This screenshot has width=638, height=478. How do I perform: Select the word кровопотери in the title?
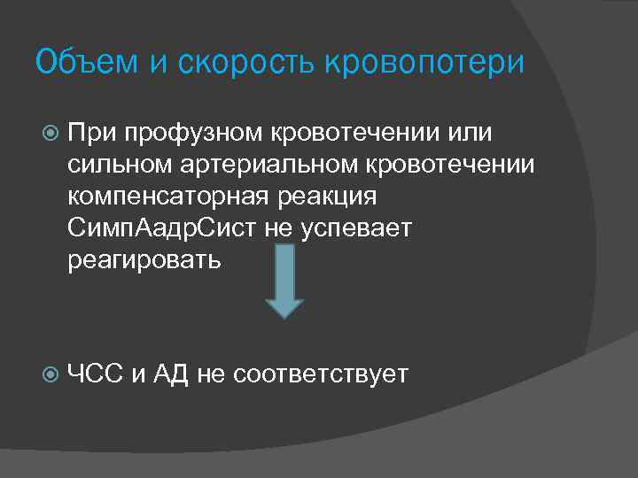click(x=424, y=63)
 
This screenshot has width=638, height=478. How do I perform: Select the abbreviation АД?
click(x=170, y=374)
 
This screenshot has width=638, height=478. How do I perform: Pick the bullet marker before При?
click(x=49, y=133)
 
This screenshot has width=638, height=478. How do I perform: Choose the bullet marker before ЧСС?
click(x=49, y=374)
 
